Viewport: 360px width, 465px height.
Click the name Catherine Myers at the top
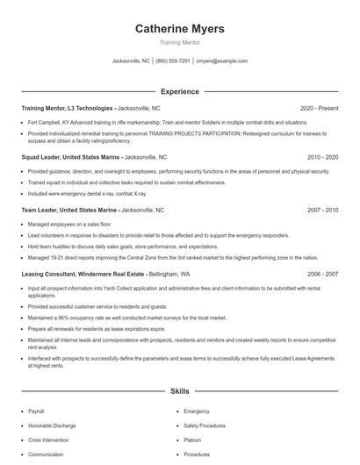coord(179,29)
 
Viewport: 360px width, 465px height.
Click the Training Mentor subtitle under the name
coord(179,42)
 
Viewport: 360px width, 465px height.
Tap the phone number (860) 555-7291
coord(173,61)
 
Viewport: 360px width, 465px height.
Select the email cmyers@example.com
coord(221,61)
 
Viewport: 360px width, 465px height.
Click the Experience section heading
coord(179,91)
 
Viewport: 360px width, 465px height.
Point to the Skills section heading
coord(179,391)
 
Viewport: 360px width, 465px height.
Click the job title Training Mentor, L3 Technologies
coord(68,108)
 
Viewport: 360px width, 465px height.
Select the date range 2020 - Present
coord(319,108)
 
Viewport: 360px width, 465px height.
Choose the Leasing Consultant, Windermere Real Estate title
coord(86,274)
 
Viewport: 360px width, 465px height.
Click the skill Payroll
coord(36,411)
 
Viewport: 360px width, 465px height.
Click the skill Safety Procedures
coord(205,426)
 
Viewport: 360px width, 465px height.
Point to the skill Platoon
coord(192,440)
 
